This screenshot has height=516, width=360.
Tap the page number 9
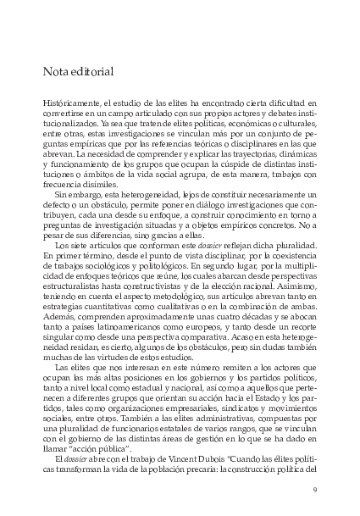314,488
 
